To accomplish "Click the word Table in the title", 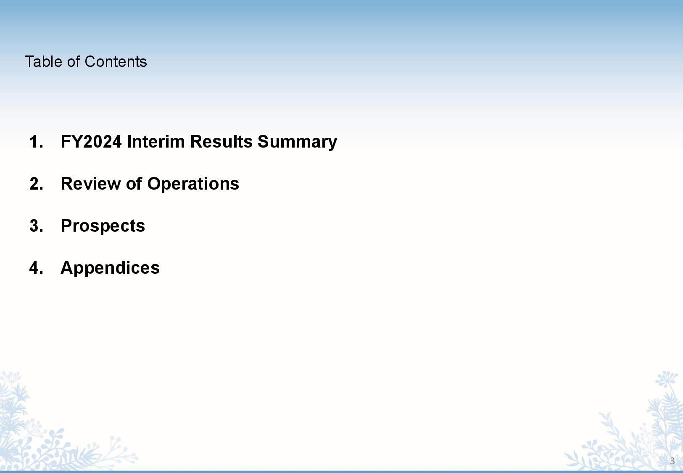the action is click(x=44, y=62).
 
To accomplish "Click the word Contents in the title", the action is click(x=116, y=62).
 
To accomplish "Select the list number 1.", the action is click(x=36, y=142).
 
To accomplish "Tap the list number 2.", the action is click(x=36, y=184).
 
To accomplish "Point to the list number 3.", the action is click(x=36, y=226).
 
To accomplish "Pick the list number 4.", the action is click(x=36, y=268).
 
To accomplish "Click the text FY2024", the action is click(x=91, y=142).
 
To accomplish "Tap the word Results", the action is click(x=222, y=142).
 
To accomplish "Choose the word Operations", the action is click(x=193, y=185).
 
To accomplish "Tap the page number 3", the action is click(x=672, y=461).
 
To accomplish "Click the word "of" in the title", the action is click(x=74, y=62).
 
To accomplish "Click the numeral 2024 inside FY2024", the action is click(x=102, y=142).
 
